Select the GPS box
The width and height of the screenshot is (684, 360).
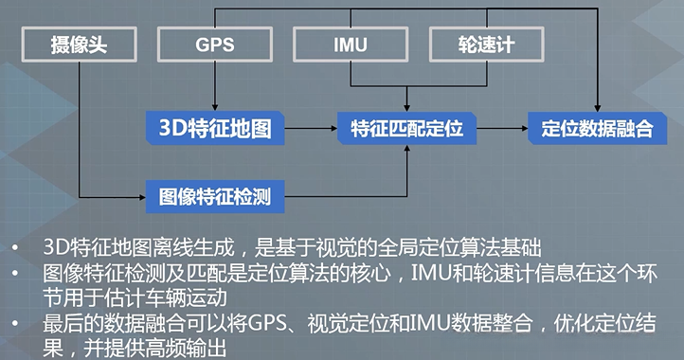(x=215, y=44)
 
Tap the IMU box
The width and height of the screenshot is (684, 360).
(x=351, y=44)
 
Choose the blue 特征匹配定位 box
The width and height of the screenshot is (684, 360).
(x=407, y=128)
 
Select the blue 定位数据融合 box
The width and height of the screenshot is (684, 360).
(x=598, y=128)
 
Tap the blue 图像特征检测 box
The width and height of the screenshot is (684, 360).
(x=215, y=197)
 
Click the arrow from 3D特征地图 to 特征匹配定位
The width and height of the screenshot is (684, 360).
(x=311, y=128)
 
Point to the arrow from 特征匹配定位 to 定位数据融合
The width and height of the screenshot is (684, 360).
(x=502, y=128)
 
